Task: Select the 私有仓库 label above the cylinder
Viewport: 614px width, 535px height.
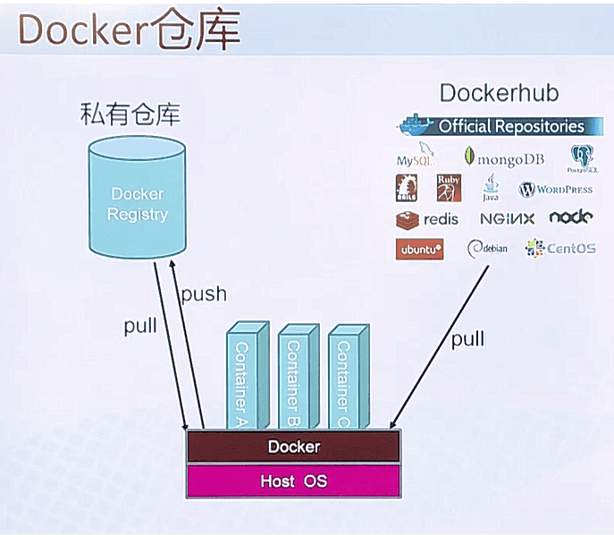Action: pyautogui.click(x=130, y=115)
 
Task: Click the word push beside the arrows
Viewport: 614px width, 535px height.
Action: pyautogui.click(x=204, y=293)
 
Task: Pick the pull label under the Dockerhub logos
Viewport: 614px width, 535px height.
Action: pyautogui.click(x=467, y=340)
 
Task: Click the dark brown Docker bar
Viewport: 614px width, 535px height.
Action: pyautogui.click(x=293, y=446)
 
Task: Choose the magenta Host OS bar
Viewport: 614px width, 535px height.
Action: pyautogui.click(x=293, y=481)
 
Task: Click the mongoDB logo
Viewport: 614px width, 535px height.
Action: pyautogui.click(x=504, y=158)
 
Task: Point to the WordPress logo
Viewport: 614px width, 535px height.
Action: pyautogui.click(x=556, y=189)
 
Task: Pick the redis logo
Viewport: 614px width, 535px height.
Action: pyautogui.click(x=427, y=218)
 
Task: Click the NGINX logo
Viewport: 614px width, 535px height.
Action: pyautogui.click(x=507, y=218)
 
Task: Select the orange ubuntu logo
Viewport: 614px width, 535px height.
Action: pyautogui.click(x=420, y=250)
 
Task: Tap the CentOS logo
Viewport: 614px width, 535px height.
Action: pyautogui.click(x=560, y=248)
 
